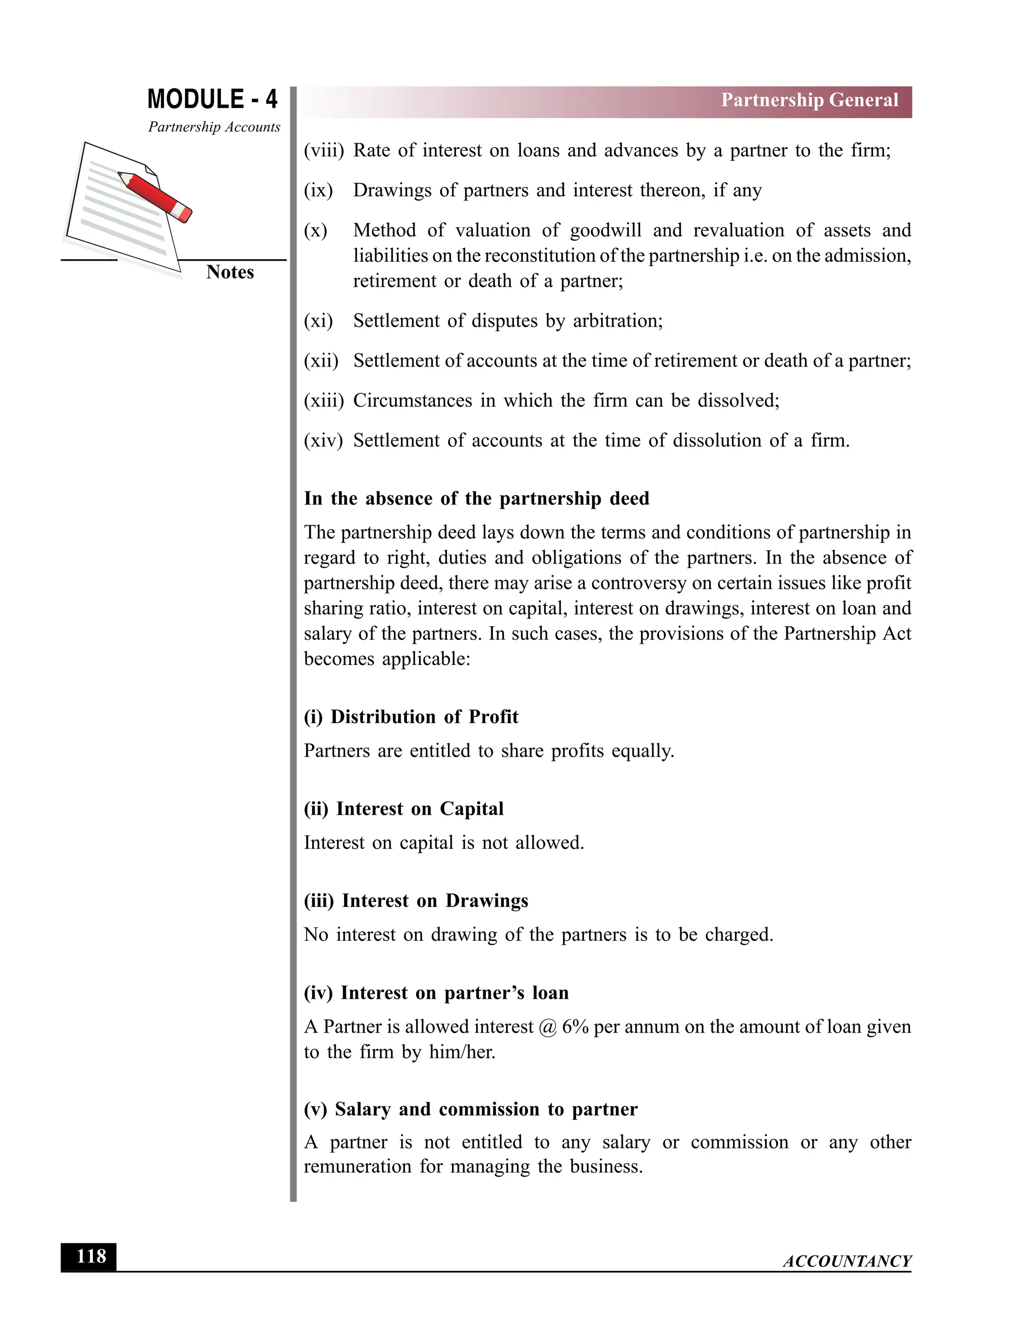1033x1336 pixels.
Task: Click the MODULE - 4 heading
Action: (x=212, y=99)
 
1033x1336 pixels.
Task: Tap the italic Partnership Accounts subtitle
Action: (x=214, y=127)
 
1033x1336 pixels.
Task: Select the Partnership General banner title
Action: (x=809, y=100)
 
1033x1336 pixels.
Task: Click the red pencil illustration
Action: (x=155, y=196)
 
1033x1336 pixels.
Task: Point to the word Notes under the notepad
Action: (x=229, y=272)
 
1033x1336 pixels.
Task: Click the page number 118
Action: (x=91, y=1256)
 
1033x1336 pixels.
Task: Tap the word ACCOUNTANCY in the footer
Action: (x=847, y=1261)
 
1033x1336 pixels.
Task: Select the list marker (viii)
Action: (x=324, y=150)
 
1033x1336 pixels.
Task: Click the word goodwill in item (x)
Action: (x=605, y=230)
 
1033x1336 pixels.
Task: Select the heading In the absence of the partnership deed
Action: (x=476, y=499)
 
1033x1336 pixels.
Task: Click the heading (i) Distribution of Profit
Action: (x=411, y=717)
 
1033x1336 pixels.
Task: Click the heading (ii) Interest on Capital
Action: (x=404, y=809)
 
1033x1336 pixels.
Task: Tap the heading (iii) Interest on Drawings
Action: (x=416, y=900)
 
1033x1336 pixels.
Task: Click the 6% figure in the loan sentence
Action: (x=575, y=1027)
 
